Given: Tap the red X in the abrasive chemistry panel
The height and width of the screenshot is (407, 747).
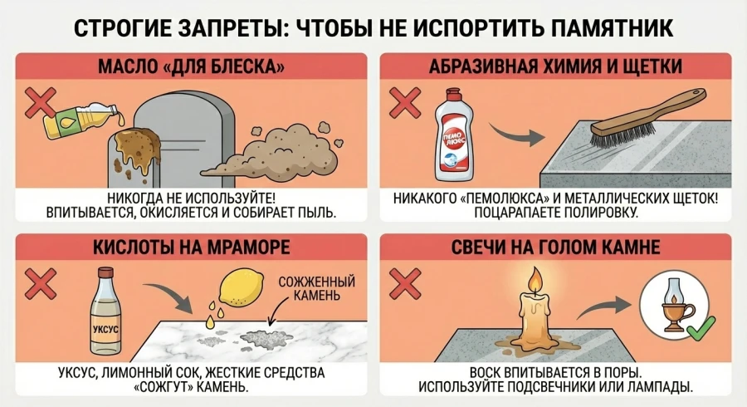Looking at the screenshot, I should coord(405,102).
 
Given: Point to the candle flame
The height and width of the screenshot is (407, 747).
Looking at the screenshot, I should coord(534,279).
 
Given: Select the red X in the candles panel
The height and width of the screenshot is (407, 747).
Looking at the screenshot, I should coord(405,283).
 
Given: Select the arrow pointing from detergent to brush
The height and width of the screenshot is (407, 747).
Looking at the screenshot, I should coord(509,134).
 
